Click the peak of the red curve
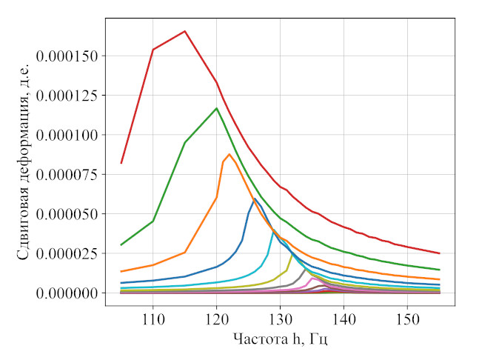184,31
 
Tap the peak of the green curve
216,108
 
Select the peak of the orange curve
229,154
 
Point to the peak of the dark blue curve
255,199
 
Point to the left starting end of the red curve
121,163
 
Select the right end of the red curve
439,253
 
